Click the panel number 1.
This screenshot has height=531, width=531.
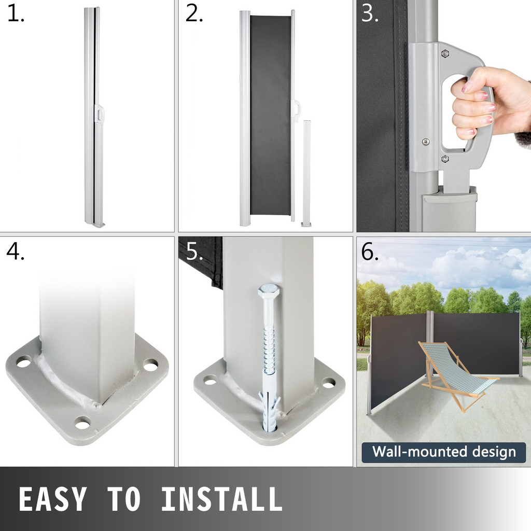coord(15,14)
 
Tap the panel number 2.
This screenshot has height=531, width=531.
coord(194,14)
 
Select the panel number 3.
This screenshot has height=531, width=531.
coord(370,14)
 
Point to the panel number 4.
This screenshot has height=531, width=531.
coord(15,251)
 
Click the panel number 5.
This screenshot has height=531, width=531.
coord(194,251)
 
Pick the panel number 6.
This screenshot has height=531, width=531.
coord(370,251)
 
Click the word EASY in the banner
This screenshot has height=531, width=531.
coord(53,499)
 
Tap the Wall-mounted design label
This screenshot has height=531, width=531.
coord(444,452)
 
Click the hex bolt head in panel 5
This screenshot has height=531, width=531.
coord(268,291)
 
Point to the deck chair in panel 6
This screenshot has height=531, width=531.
coord(458,375)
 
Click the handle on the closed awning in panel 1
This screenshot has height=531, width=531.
coord(100,114)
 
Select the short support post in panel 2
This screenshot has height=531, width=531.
coord(307,173)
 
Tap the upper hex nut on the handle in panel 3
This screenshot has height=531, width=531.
coord(445,53)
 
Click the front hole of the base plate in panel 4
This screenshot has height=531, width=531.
coord(82,424)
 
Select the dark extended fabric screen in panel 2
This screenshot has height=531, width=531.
coord(270,115)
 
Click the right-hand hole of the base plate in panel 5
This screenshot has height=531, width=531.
coord(328,384)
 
